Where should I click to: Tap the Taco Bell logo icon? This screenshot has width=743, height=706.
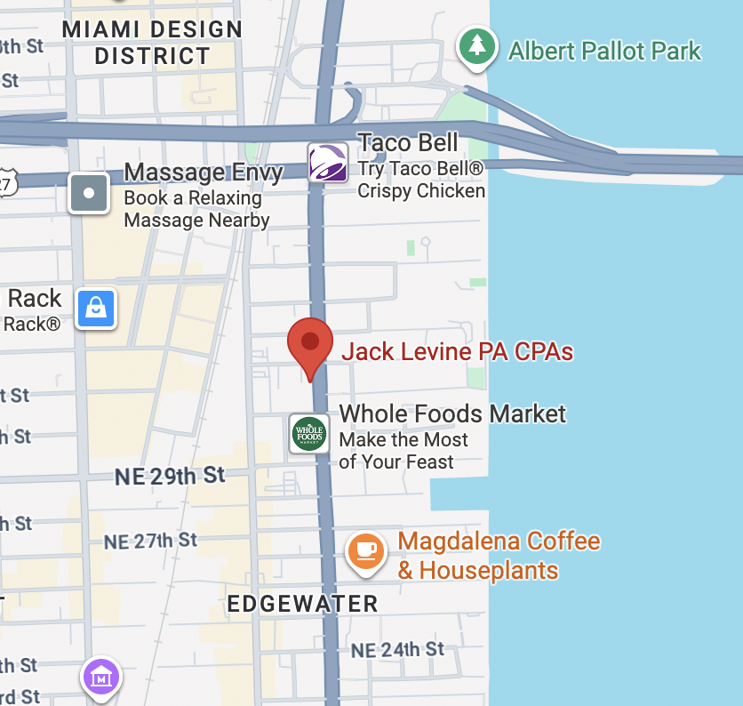pos(328,163)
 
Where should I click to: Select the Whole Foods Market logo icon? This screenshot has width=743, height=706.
pos(310,434)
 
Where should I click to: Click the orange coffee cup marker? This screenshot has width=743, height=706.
pos(365,550)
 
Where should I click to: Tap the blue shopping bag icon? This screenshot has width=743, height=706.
pos(96,309)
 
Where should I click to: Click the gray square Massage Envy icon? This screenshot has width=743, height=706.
pos(89,193)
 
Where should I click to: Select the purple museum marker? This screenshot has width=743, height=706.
pos(101,678)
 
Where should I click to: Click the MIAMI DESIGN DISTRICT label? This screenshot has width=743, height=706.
pos(152,43)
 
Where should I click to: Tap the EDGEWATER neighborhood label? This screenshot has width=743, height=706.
pos(302,604)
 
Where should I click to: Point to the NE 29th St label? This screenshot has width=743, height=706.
pos(170,477)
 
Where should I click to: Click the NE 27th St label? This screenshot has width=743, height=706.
pos(150,540)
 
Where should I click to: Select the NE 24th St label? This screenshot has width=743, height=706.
pos(397,650)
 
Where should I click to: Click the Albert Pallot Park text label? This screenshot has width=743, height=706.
pos(604,51)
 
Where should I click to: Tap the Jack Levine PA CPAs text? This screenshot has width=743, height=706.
pos(458,351)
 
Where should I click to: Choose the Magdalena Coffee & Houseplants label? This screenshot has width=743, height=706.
pos(499,556)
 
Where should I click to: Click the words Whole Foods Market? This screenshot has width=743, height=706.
pos(452,413)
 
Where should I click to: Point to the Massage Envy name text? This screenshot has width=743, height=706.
pos(204,172)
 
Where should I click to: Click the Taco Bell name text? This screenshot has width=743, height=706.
pos(407,142)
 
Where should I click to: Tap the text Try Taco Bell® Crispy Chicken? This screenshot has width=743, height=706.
pos(421,180)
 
